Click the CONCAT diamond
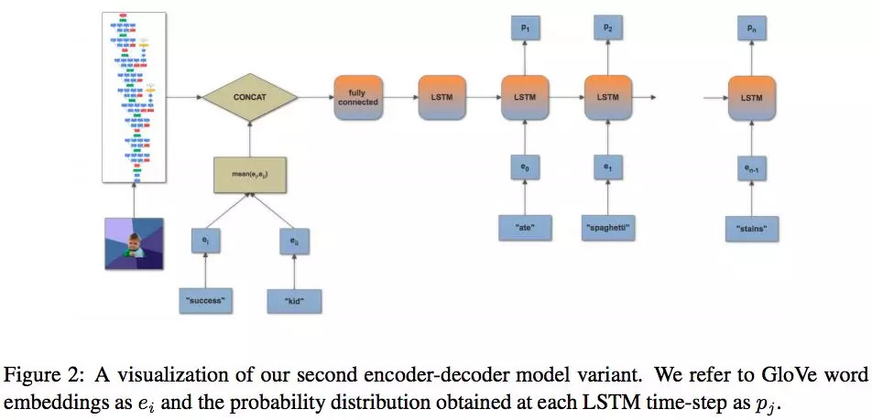pyautogui.click(x=250, y=96)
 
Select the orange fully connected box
pyautogui.click(x=357, y=96)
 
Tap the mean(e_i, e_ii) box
pyautogui.click(x=250, y=171)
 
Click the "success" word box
pyautogui.click(x=206, y=299)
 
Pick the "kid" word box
pyautogui.click(x=294, y=299)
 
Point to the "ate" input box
pyautogui.click(x=525, y=226)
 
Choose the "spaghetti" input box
pyautogui.click(x=608, y=226)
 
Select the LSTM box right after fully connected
pyautogui.click(x=441, y=96)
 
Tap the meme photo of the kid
pyautogui.click(x=134, y=242)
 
